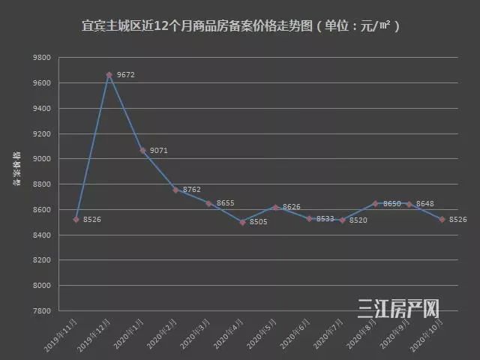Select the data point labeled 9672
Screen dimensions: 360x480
(109, 75)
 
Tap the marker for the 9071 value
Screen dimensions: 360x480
(142, 151)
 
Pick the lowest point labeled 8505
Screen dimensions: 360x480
(242, 222)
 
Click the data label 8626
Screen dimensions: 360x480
(292, 207)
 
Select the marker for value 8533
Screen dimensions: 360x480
(309, 219)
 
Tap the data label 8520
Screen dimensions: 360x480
(358, 220)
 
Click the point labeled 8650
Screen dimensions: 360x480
(375, 203)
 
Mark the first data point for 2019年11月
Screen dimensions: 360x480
(76, 220)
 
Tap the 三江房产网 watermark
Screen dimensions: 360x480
(398, 307)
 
